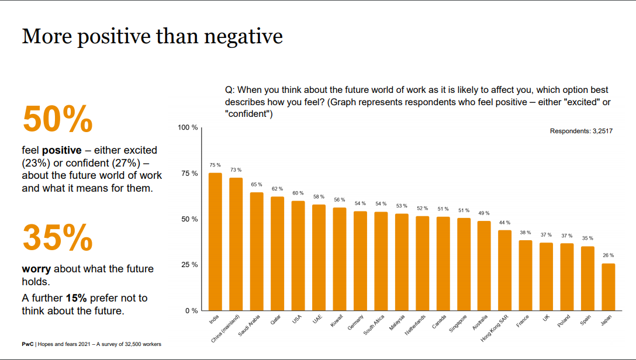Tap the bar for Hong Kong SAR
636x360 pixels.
[x=504, y=270]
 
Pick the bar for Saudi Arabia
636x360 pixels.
[x=257, y=251]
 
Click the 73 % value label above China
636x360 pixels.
[x=236, y=169]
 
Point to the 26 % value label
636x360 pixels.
[x=609, y=255]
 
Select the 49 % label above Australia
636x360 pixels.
[x=484, y=213]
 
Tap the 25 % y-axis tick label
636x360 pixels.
[x=189, y=265]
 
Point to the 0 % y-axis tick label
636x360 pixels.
[x=191, y=310]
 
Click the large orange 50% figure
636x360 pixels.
[x=57, y=119]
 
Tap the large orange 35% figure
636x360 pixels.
[x=57, y=237]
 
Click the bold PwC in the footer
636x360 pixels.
[x=27, y=344]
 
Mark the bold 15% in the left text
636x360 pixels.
[x=77, y=297]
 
